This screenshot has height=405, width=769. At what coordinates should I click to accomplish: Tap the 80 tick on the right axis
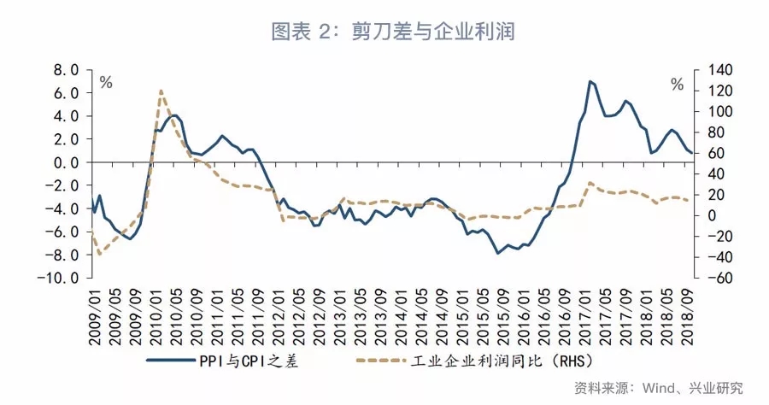coord(712,132)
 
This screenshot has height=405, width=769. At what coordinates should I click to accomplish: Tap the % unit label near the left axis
coord(106,83)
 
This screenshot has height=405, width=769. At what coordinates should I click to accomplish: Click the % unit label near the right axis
coord(677,85)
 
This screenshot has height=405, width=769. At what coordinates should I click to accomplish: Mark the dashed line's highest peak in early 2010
coord(161,90)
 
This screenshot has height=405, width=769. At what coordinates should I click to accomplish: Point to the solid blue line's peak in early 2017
coord(590,81)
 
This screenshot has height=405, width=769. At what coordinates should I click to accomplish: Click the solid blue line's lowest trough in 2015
coord(497,253)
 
